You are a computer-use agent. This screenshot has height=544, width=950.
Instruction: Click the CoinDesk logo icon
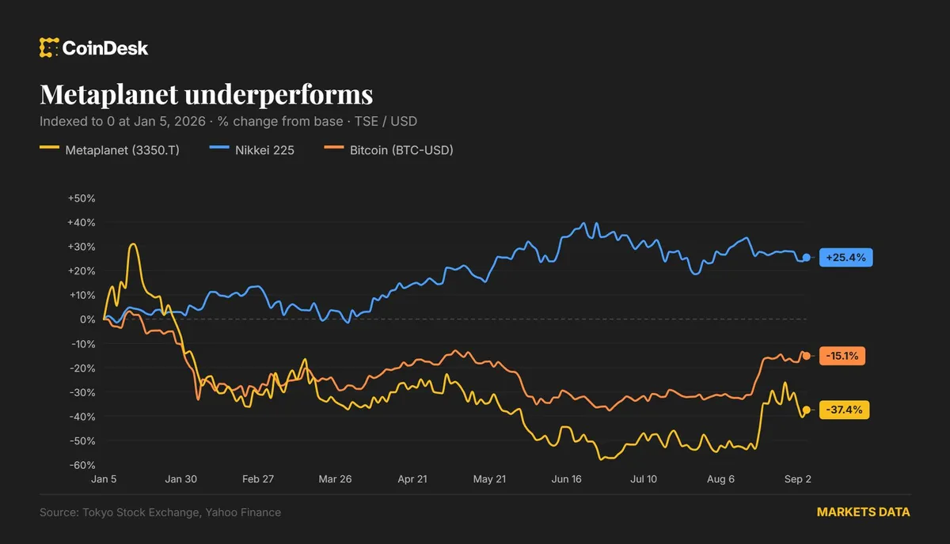[x=49, y=47]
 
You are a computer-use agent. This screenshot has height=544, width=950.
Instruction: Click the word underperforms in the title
[x=279, y=94]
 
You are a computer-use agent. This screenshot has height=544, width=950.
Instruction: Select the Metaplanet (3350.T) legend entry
[x=109, y=150]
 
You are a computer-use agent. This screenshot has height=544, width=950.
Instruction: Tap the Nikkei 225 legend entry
[x=252, y=150]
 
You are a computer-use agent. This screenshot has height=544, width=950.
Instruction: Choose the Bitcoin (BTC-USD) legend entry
[x=389, y=150]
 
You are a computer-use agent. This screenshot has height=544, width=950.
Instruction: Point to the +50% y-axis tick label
[x=82, y=198]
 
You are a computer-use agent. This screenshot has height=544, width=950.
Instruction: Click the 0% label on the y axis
[x=87, y=319]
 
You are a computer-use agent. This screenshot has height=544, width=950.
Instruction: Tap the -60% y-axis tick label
[x=82, y=465]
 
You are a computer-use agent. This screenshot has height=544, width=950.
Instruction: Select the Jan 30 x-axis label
[x=180, y=479]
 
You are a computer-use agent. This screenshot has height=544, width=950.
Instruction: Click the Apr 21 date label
[x=412, y=479]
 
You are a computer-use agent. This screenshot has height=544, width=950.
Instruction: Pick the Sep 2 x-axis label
[x=798, y=479]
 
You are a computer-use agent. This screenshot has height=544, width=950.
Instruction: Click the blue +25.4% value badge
[x=845, y=258]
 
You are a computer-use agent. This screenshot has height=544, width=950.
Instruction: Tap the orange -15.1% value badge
[x=842, y=356]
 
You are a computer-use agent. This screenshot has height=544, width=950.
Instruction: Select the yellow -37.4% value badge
[x=844, y=410]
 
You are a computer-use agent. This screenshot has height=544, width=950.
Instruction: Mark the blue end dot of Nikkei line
[x=806, y=257]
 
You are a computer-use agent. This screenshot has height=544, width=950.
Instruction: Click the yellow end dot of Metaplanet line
[x=806, y=410]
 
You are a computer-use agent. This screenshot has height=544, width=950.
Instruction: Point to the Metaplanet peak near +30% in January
[x=133, y=244]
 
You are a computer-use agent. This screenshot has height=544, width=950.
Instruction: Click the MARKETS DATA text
[x=863, y=512]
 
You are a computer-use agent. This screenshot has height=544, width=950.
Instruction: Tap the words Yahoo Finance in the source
[x=243, y=512]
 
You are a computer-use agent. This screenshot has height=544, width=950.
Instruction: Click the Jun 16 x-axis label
[x=566, y=479]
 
